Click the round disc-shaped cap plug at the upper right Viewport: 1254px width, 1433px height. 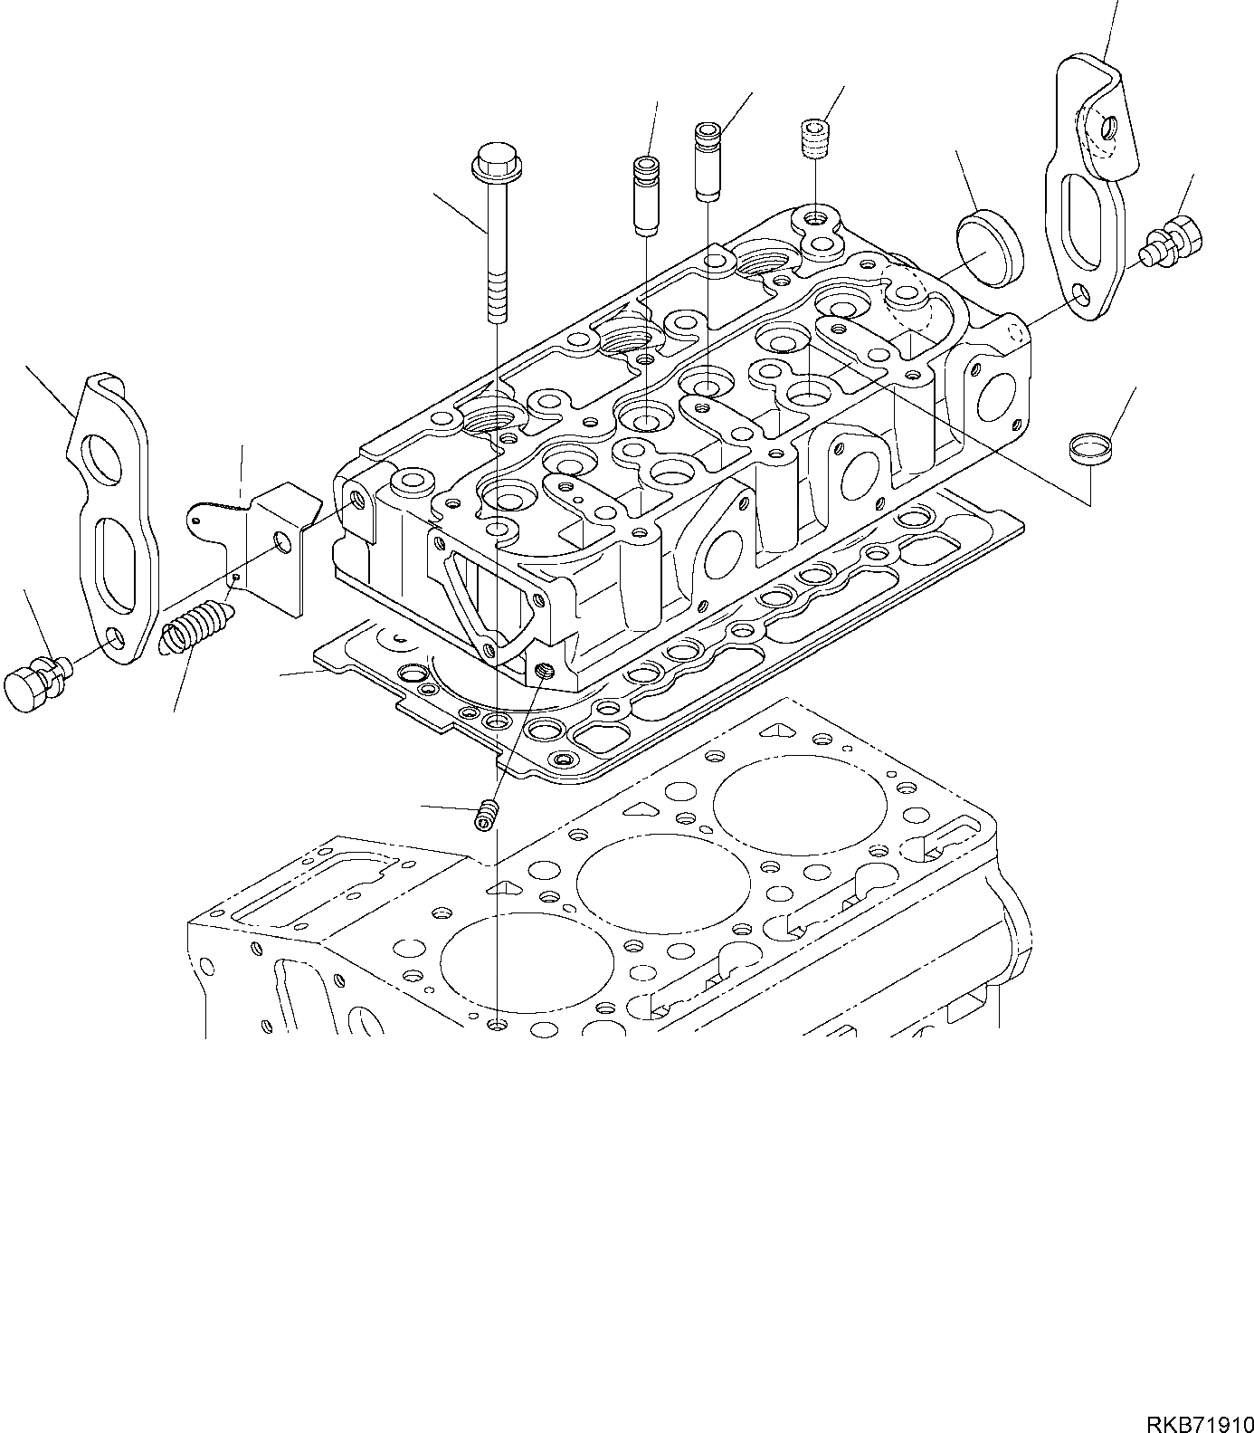point(989,247)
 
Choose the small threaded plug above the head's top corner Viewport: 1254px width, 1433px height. point(816,139)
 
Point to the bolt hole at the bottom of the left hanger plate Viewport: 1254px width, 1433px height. point(114,642)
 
